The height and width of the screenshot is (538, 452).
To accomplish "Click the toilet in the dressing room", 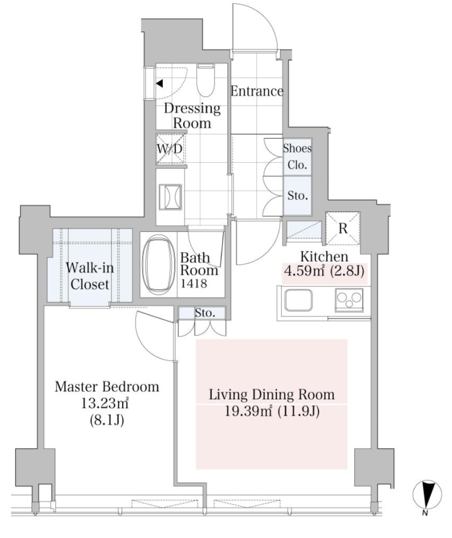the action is click(x=206, y=81).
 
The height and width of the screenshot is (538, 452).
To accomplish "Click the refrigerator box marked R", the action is click(x=343, y=228).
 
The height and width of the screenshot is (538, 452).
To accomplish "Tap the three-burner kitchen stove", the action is click(x=349, y=300).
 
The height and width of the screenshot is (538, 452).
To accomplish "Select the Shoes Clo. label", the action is click(x=297, y=157).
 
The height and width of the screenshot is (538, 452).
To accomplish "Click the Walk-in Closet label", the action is click(x=90, y=276).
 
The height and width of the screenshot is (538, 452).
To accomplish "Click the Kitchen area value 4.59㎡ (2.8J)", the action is click(x=324, y=272).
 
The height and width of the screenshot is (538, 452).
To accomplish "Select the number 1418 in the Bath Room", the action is click(x=194, y=283).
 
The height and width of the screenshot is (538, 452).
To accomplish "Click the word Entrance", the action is click(x=257, y=91).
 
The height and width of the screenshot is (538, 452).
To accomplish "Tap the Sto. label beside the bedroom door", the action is click(x=205, y=313).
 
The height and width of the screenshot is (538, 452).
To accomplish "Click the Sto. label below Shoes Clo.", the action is click(x=298, y=195).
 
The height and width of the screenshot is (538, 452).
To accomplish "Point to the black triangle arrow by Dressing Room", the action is click(x=159, y=83).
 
